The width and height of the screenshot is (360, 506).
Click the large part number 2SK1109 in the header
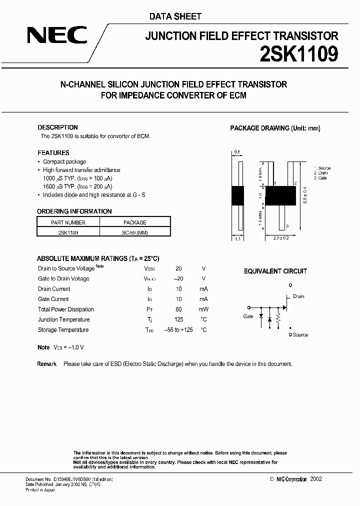pyautogui.click(x=298, y=54)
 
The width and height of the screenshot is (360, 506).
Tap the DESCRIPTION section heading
pyautogui.click(x=57, y=127)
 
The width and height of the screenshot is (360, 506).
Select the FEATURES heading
pyautogui.click(x=53, y=153)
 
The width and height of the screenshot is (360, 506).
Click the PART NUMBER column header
pyautogui.click(x=68, y=222)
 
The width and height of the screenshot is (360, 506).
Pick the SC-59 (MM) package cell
pyautogui.click(x=135, y=232)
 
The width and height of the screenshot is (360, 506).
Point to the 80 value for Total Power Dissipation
pyautogui.click(x=179, y=309)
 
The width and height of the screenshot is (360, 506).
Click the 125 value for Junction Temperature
pyautogui.click(x=179, y=319)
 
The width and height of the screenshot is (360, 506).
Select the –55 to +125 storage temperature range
pyautogui.click(x=178, y=330)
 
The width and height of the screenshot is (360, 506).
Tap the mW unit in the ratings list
pyautogui.click(x=203, y=309)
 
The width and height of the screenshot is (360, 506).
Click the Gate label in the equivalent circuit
pyautogui.click(x=248, y=316)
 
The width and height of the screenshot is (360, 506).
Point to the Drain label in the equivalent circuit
pyautogui.click(x=298, y=296)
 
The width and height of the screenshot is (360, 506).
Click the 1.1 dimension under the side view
pyautogui.click(x=237, y=239)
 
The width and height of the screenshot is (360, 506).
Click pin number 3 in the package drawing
pyautogui.click(x=287, y=226)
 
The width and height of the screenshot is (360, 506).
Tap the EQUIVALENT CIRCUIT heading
pyautogui.click(x=275, y=271)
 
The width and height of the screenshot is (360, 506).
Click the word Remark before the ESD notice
pyautogui.click(x=46, y=364)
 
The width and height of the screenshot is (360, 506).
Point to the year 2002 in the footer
pyautogui.click(x=316, y=479)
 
